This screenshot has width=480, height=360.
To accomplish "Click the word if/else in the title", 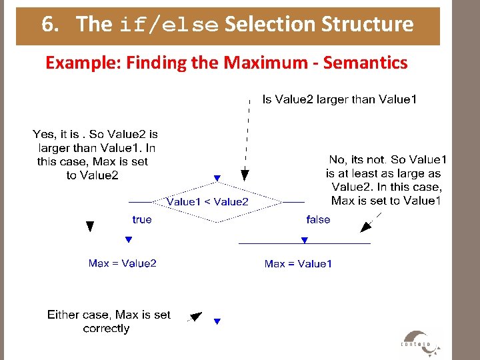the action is pyautogui.click(x=169, y=25).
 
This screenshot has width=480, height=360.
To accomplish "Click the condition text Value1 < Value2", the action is pyautogui.click(x=207, y=201).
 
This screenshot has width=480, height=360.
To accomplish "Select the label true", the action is pyautogui.click(x=142, y=219).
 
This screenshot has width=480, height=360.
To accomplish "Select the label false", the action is pyautogui.click(x=318, y=219).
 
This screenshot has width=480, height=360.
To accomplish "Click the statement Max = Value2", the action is pyautogui.click(x=123, y=263).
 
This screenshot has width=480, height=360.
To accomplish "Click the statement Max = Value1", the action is pyautogui.click(x=298, y=264).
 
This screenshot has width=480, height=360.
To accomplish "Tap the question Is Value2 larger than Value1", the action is pyautogui.click(x=340, y=100).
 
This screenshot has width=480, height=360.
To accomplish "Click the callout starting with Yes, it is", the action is pyautogui.click(x=95, y=155).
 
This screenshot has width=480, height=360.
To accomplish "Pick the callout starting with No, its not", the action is pyautogui.click(x=386, y=180).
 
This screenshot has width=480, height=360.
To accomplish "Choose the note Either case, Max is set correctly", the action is pyautogui.click(x=109, y=321).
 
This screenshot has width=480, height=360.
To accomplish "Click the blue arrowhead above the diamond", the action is pyautogui.click(x=217, y=179).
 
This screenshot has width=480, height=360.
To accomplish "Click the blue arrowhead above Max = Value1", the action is pyautogui.click(x=304, y=240).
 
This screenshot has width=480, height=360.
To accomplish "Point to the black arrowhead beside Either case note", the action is pyautogui.click(x=195, y=317).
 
